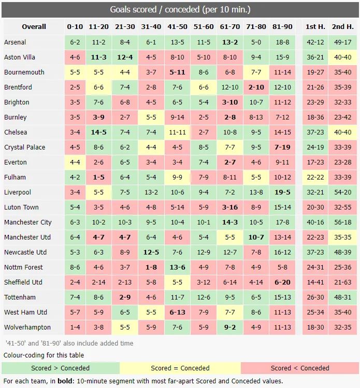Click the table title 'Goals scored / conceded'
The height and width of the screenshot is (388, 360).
tap(180, 10)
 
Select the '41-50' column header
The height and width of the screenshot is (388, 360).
tap(177, 27)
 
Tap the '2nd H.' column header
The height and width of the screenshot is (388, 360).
tap(342, 27)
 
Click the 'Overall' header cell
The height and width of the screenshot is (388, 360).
tap(34, 27)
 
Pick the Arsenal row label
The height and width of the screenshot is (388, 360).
tap(15, 42)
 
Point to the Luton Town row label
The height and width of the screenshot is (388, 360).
tap(21, 207)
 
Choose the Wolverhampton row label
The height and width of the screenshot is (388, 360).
tap(27, 327)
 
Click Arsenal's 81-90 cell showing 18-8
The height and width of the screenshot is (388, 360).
tap(282, 42)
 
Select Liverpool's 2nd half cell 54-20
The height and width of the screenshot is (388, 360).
tap(342, 192)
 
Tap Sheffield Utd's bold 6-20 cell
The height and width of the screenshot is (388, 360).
tap(282, 282)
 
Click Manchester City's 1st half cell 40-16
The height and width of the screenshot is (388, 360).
tap(315, 222)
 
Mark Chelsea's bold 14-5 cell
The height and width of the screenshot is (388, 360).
tap(98, 132)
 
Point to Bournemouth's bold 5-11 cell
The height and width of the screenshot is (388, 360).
tap(177, 72)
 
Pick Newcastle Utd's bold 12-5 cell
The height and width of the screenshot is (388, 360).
tap(151, 252)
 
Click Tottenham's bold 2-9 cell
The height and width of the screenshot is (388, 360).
tap(125, 297)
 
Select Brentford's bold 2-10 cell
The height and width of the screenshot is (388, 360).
tap(256, 87)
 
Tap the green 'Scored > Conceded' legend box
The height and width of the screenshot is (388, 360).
tap(61, 368)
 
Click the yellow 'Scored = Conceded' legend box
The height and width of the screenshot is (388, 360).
tap(180, 368)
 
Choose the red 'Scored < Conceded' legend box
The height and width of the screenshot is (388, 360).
tap(299, 368)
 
